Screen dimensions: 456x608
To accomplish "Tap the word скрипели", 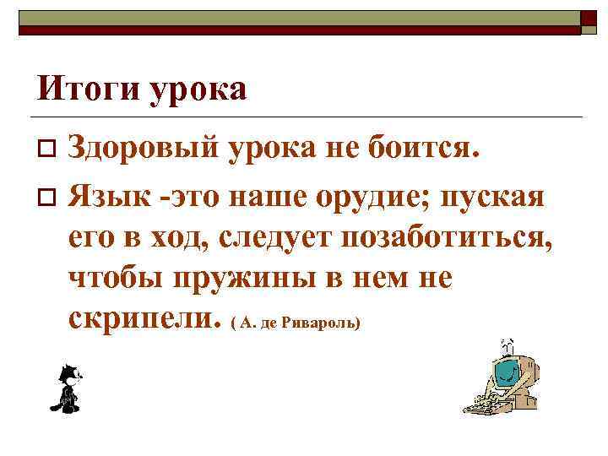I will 138,318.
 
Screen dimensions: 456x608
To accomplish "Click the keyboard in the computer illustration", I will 483,403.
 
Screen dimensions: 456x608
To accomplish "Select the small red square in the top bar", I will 587,16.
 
